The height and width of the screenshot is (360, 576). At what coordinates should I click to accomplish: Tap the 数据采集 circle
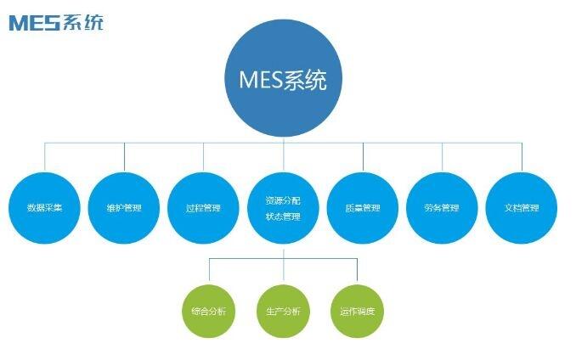[45, 207]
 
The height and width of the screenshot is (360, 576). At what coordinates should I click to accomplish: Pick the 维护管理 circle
[125, 207]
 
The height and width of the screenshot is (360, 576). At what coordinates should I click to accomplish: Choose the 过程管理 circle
[203, 207]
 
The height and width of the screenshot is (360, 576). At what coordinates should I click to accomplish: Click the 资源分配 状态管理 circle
[283, 207]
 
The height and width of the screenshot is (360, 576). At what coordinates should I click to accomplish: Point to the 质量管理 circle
[363, 207]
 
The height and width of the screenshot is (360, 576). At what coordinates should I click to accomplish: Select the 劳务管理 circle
[443, 207]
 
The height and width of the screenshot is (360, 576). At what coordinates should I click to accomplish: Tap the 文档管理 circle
[522, 207]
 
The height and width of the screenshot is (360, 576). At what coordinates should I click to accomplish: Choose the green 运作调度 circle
[357, 311]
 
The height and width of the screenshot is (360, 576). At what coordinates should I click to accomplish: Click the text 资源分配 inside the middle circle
[283, 200]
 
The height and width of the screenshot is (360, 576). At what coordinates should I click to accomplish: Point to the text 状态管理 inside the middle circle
[283, 217]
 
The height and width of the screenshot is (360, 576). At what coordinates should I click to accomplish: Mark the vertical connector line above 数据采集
[45, 157]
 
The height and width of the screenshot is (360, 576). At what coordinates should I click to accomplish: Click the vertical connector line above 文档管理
[522, 157]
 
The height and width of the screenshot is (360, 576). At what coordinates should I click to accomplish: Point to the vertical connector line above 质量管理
[363, 157]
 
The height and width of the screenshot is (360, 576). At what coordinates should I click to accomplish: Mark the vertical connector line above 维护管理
[125, 157]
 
